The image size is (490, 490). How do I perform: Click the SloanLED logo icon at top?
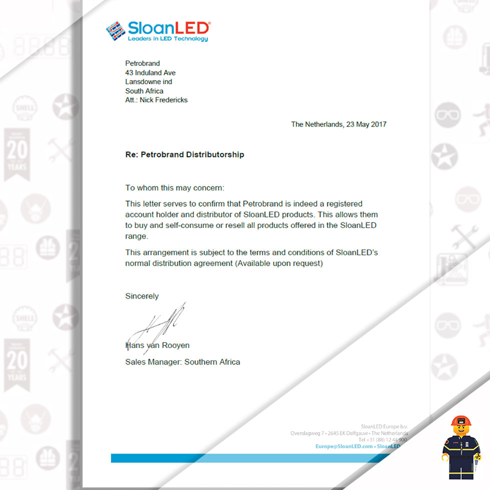point(115,30)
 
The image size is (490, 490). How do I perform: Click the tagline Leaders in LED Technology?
point(167,39)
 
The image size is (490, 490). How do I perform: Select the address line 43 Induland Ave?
point(150,72)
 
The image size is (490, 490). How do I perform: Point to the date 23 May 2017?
point(366,124)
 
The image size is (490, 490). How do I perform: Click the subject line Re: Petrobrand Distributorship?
point(184,154)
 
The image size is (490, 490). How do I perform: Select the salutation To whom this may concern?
point(174,188)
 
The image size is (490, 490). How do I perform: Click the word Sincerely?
point(141,296)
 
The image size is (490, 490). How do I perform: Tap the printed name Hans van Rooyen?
point(157,345)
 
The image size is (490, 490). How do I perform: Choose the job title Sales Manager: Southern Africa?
point(182,361)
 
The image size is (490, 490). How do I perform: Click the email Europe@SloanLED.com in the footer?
point(344,446)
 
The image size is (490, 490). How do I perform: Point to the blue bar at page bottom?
point(250,458)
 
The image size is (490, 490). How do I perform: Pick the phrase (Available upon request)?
point(278,263)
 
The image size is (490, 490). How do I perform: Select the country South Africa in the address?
point(144,91)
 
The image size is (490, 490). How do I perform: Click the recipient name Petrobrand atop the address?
point(142,63)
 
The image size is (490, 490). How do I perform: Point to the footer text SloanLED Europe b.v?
point(384,426)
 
